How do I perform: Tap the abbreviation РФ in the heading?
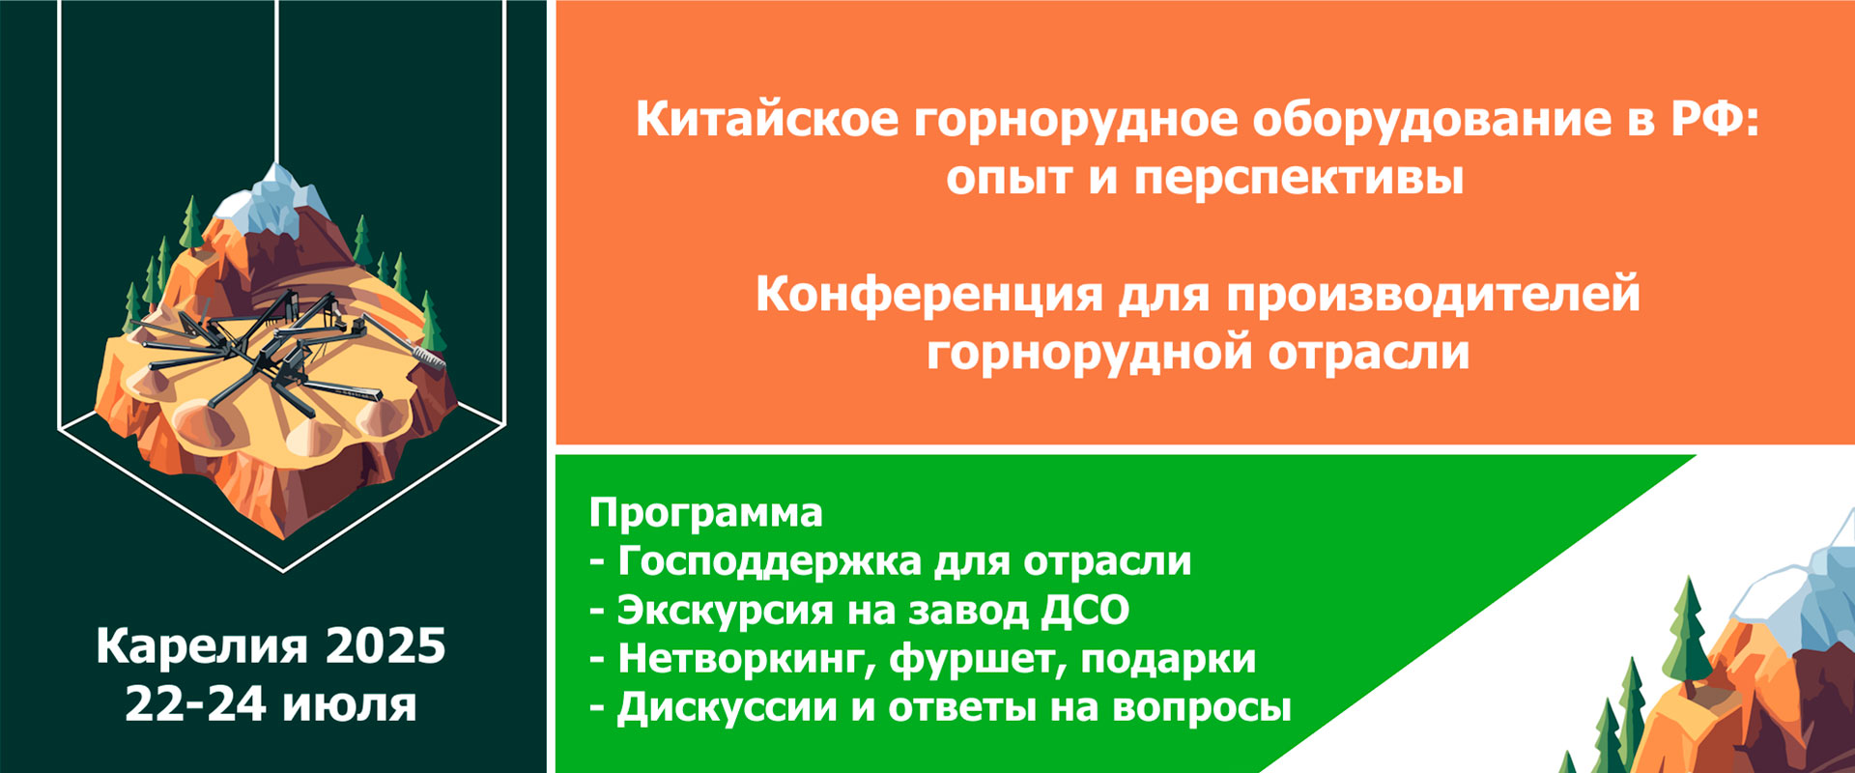(1710, 120)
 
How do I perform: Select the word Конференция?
(928, 294)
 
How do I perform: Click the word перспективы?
(1298, 178)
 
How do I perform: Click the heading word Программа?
(705, 512)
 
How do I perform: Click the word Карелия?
(202, 646)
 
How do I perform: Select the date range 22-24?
(195, 704)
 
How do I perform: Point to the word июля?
(350, 704)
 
